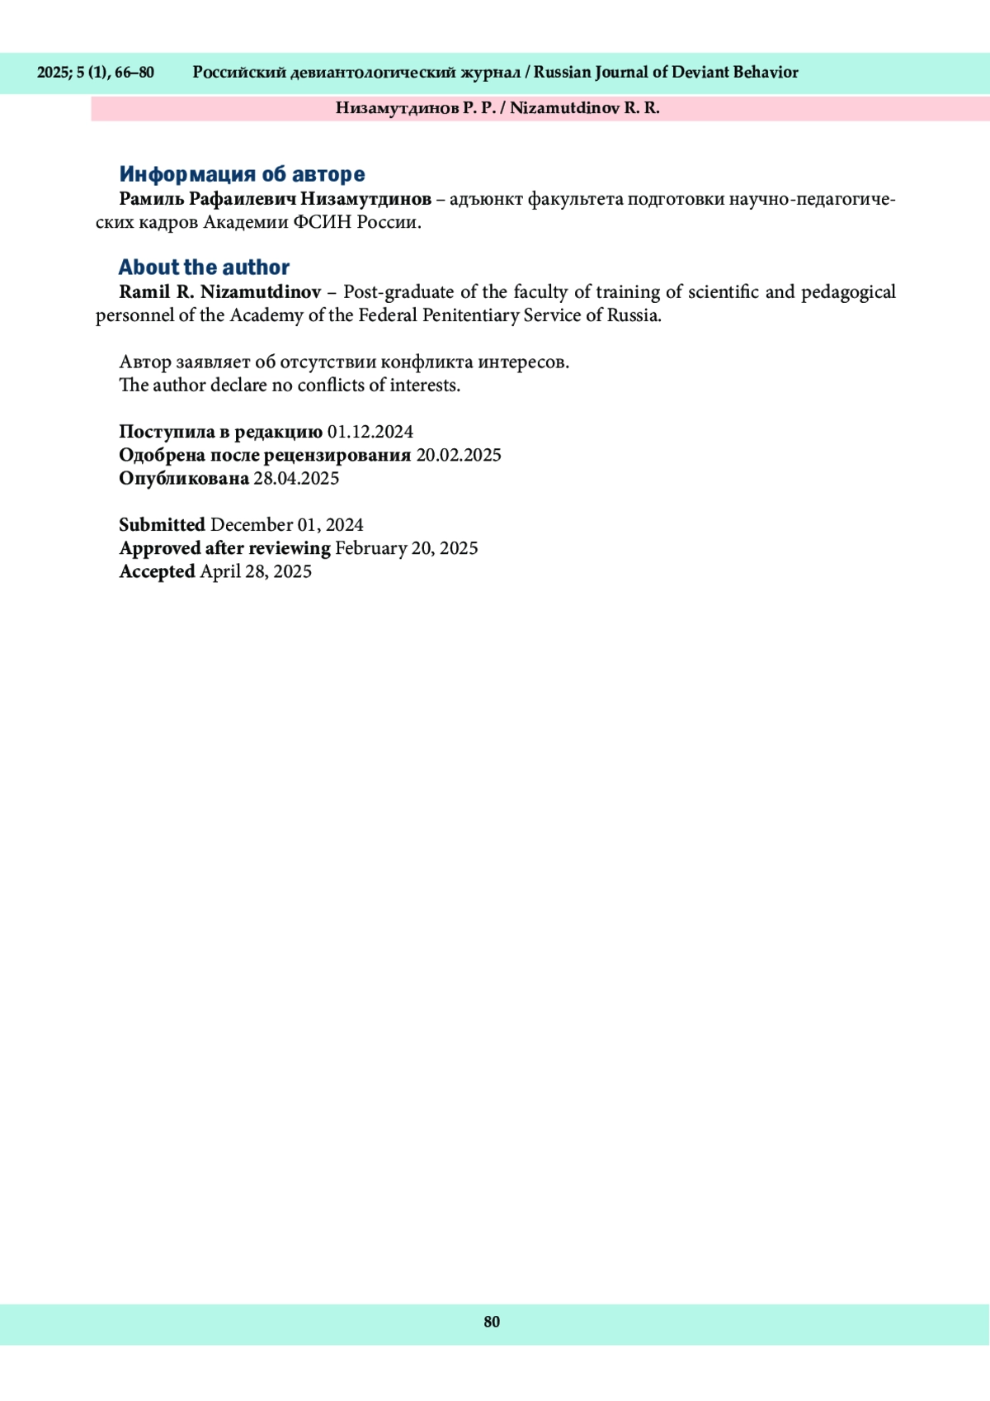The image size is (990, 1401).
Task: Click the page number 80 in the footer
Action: (492, 1322)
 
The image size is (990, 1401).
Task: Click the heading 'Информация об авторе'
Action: (242, 174)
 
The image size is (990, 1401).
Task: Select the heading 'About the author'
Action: (204, 267)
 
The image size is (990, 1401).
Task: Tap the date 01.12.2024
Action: (370, 432)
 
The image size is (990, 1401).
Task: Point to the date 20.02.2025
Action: (458, 455)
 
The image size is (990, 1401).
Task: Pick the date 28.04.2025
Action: (296, 478)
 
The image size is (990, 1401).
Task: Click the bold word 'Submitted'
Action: (162, 525)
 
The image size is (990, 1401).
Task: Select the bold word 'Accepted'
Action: (157, 571)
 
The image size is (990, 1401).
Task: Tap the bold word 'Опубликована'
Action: (184, 478)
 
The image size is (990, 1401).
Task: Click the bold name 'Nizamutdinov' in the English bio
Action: (261, 291)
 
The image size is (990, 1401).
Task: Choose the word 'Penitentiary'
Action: (470, 315)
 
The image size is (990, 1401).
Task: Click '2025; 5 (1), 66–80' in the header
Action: (96, 73)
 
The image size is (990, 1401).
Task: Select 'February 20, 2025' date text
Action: (406, 548)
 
